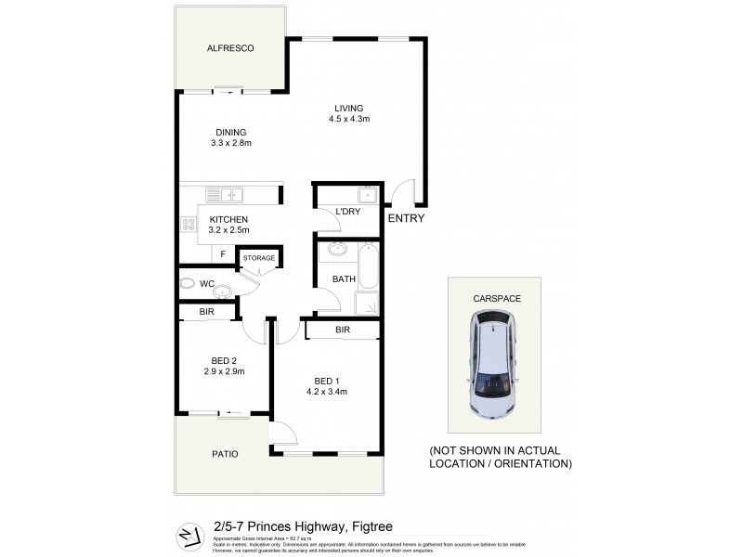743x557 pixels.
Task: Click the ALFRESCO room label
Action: [230, 47]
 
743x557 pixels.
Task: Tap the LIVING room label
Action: [349, 108]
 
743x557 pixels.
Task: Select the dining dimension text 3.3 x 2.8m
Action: [232, 143]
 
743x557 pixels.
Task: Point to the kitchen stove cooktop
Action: [188, 224]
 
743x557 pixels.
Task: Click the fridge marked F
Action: [223, 253]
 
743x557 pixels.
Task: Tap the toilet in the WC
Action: [187, 283]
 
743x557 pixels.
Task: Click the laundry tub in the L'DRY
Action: [367, 195]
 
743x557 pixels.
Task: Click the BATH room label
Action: [344, 278]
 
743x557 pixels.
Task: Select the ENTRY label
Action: [406, 219]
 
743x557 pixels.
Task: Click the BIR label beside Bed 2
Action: [206, 313]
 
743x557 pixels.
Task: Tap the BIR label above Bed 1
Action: [342, 330]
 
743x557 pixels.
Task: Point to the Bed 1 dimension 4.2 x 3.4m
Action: [325, 391]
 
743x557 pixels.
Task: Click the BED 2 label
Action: [224, 360]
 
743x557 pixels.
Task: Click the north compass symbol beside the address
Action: [189, 535]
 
